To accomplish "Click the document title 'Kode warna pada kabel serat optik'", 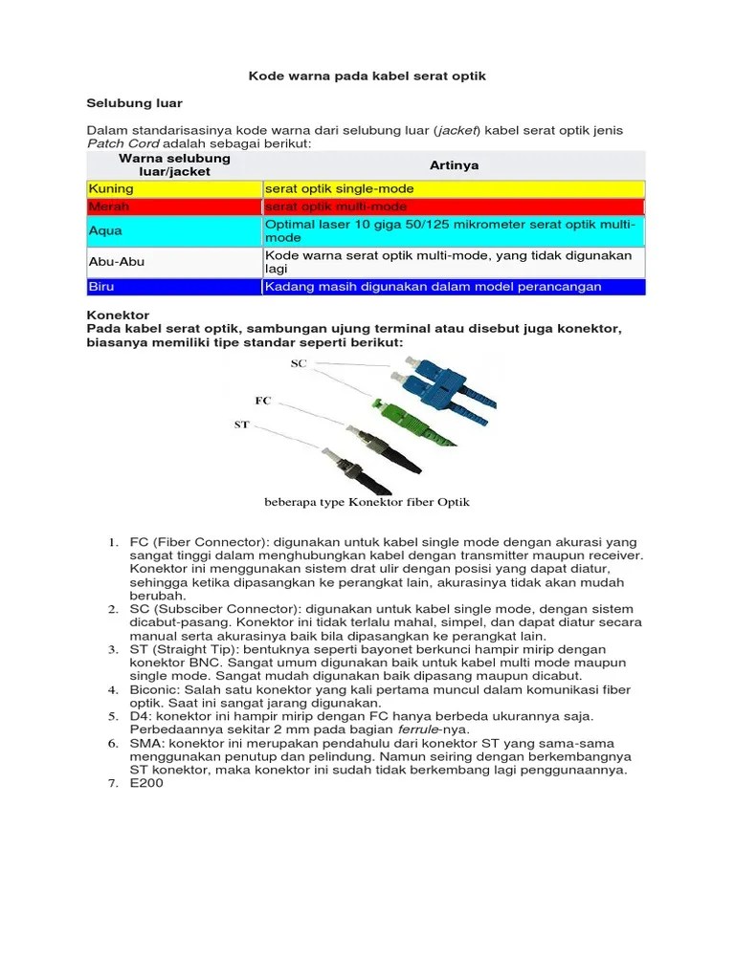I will [367, 76].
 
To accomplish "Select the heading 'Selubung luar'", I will [134, 101].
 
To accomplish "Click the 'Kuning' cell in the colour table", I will [111, 189].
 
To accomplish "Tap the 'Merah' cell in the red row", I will [108, 207].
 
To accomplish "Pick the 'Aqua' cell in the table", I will [105, 230].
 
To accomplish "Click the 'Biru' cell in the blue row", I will [100, 286].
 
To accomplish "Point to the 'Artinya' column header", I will [454, 165].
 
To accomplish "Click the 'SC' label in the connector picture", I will [298, 364].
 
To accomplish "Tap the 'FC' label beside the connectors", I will [263, 400].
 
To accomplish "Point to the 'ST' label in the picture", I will [242, 424].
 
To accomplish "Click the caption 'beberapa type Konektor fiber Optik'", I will [367, 502].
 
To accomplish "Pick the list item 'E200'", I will [147, 783].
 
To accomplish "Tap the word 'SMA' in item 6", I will [145, 743].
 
